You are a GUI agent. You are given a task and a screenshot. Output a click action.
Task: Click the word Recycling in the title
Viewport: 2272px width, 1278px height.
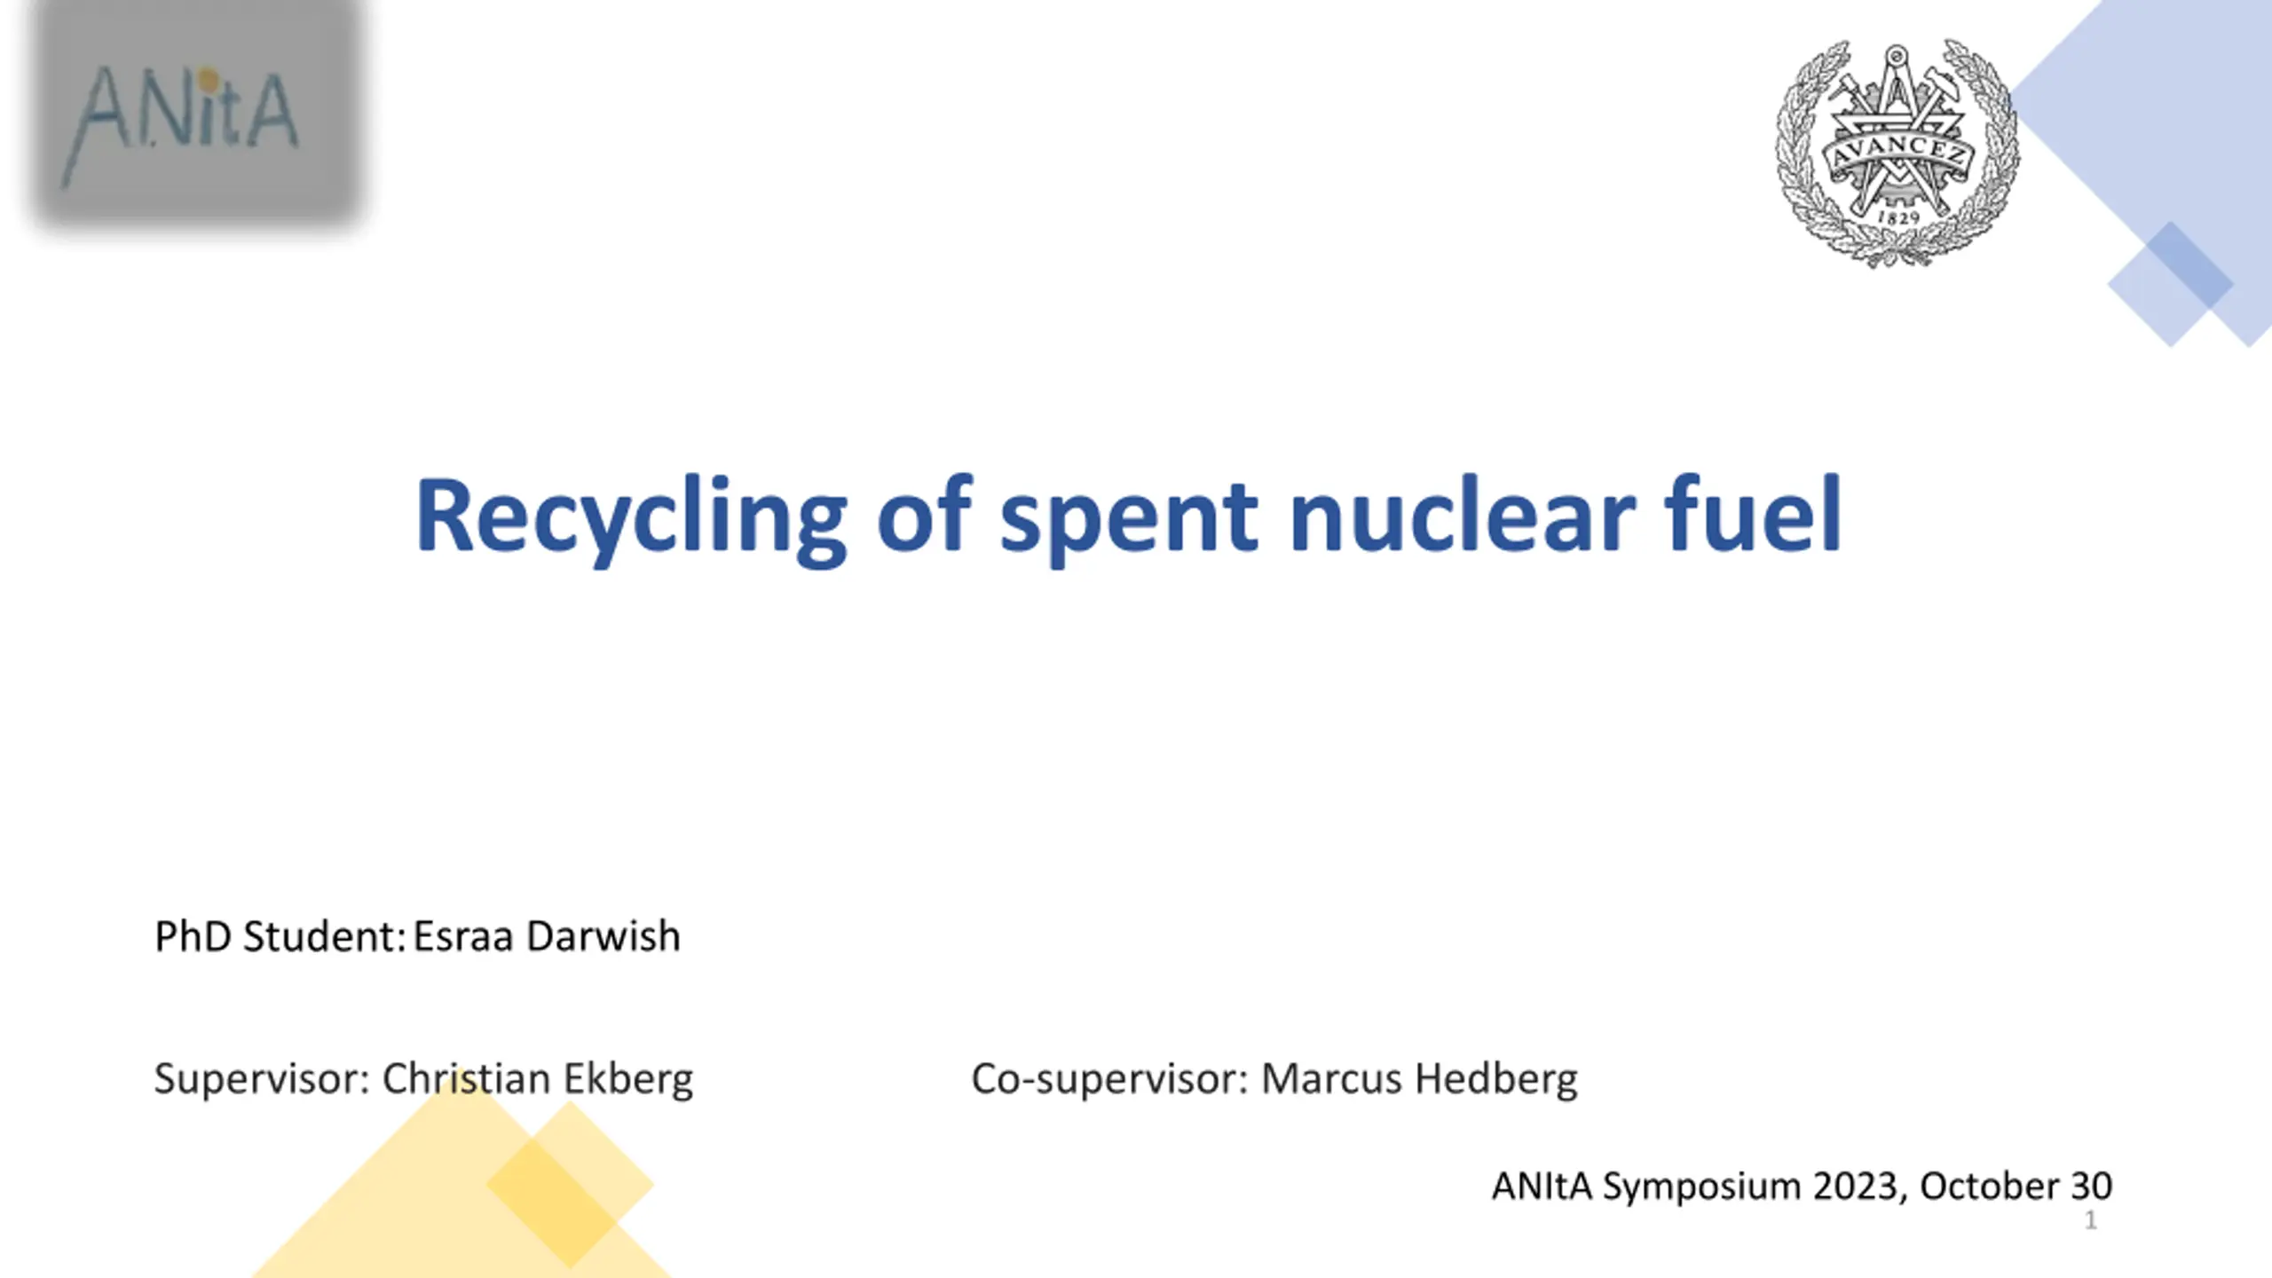631,520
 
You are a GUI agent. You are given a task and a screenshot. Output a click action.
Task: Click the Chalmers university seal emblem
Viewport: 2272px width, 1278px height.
1897,153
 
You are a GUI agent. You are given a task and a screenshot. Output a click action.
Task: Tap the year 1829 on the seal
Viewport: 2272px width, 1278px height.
1899,217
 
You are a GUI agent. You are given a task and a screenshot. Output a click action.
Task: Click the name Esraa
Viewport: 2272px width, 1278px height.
463,936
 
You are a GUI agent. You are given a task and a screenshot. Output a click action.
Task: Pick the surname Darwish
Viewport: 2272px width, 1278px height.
603,936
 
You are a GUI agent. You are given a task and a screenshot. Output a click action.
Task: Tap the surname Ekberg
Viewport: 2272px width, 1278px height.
628,1079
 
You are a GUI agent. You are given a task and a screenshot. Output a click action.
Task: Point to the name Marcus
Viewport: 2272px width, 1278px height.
1331,1079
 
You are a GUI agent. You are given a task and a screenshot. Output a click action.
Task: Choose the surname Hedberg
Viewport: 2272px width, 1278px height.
1496,1079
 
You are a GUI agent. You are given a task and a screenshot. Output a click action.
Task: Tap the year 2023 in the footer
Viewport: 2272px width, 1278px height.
1858,1187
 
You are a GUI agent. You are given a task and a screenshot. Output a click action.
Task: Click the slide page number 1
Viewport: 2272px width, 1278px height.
2091,1220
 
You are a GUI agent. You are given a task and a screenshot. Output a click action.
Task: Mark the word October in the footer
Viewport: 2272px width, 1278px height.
1989,1186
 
